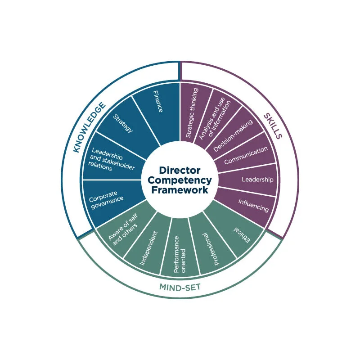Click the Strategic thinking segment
[193, 112]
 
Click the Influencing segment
[250, 205]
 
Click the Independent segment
[149, 247]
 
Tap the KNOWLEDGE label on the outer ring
[90, 127]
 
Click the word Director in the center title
[180, 171]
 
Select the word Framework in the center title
[180, 190]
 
